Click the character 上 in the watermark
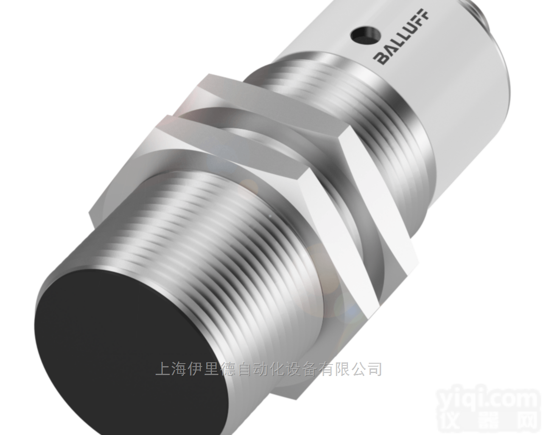point(163,369)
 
